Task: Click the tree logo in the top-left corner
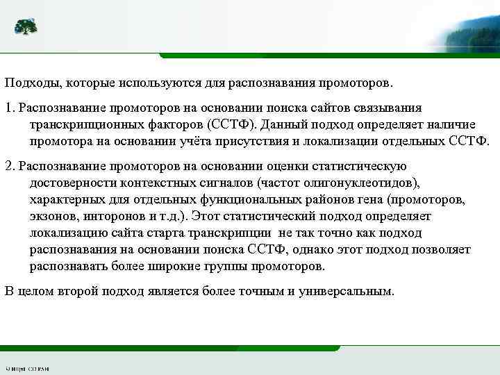point(26,27)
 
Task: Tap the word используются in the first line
point(159,83)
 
